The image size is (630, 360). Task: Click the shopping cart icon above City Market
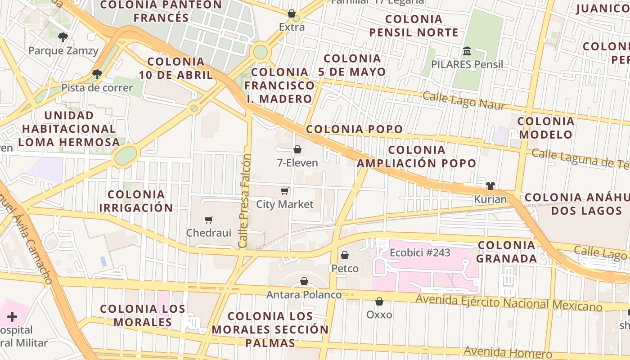point(284,191)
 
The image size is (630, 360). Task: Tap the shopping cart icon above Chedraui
point(208,220)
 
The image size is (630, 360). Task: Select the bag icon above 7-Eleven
point(297,149)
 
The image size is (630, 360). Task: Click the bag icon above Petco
point(345,256)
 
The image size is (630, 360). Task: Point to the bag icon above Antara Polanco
point(304,282)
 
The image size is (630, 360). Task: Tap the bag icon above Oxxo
point(379,301)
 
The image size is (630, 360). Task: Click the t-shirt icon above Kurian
point(490,186)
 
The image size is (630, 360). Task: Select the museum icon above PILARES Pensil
point(467,51)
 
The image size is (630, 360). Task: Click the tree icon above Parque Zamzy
point(63,37)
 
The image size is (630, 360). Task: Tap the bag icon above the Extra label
point(292,14)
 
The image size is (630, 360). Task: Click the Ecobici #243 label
point(420,253)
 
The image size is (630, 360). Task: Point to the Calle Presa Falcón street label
point(245,201)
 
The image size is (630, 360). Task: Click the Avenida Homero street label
point(508,352)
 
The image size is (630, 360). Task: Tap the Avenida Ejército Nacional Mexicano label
point(508,303)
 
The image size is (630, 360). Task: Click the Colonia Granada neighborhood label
point(506,252)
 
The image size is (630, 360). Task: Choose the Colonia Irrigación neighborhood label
point(136,201)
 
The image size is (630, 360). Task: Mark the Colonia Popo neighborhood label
point(354,129)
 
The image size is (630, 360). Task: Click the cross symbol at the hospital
point(12,317)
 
